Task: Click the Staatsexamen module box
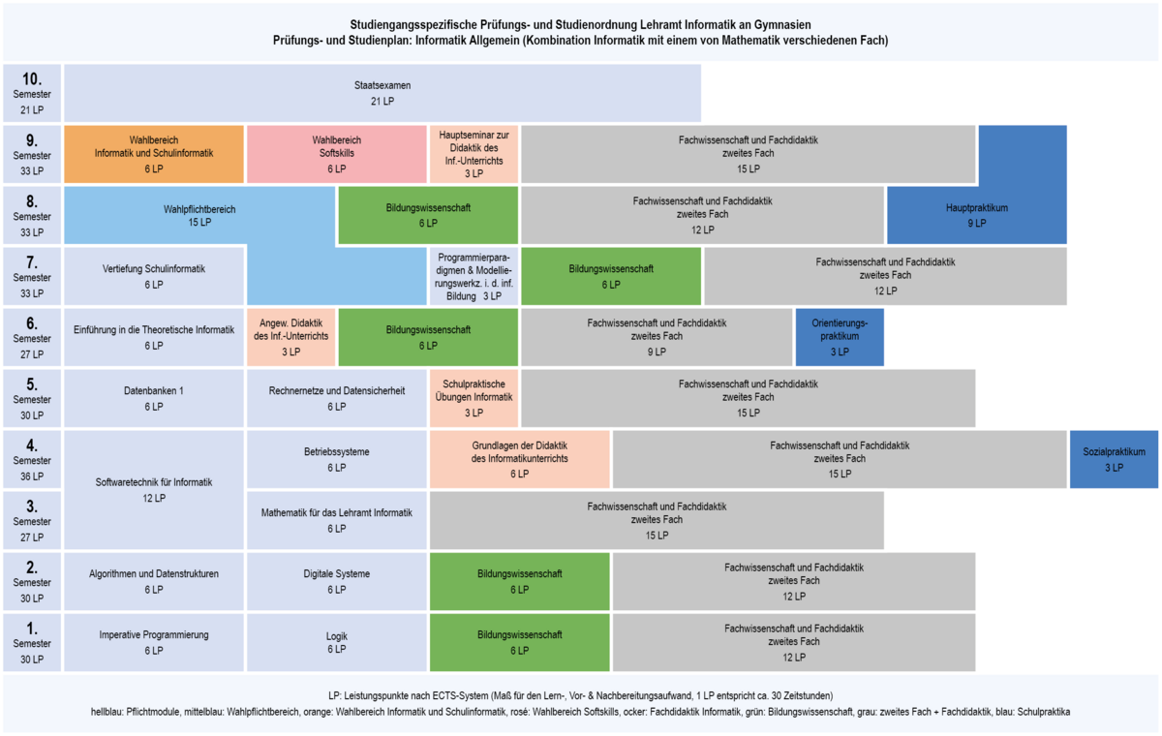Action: pos(382,93)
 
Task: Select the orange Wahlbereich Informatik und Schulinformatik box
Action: pos(154,154)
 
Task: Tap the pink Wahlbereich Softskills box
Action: pos(337,154)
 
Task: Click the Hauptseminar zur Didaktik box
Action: pos(474,154)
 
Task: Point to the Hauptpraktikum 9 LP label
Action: pos(977,215)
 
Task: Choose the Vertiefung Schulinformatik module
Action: pos(154,276)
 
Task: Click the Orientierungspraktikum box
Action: pos(840,337)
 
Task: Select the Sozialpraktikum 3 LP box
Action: pos(1114,459)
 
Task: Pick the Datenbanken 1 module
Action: pos(154,398)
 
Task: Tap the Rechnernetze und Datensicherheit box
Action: pos(337,398)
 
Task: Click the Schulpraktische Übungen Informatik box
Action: pos(474,398)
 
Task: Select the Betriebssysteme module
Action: pos(337,459)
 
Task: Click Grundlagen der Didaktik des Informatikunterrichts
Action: pos(519,459)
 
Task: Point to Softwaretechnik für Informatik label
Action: pos(154,490)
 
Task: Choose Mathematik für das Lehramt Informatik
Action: pos(337,520)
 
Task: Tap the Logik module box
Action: pos(337,642)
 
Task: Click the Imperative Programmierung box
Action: pos(154,642)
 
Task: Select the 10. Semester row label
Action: pos(32,93)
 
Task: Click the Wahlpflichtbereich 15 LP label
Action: pos(199,215)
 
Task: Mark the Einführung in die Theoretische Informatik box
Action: pos(154,337)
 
